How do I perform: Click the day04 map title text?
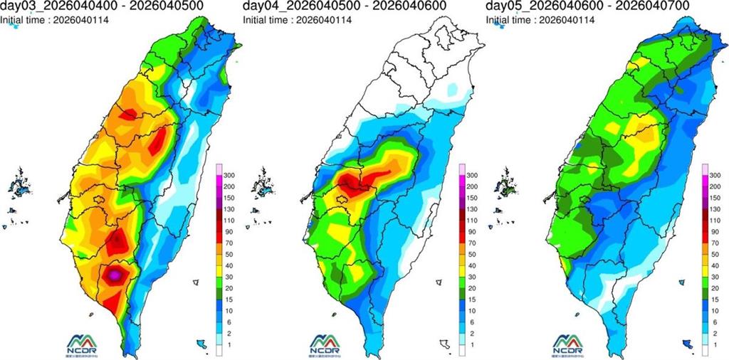click(344, 6)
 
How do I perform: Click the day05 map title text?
click(587, 6)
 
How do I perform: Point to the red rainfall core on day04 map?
click(353, 184)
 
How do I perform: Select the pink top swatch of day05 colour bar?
click(706, 169)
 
